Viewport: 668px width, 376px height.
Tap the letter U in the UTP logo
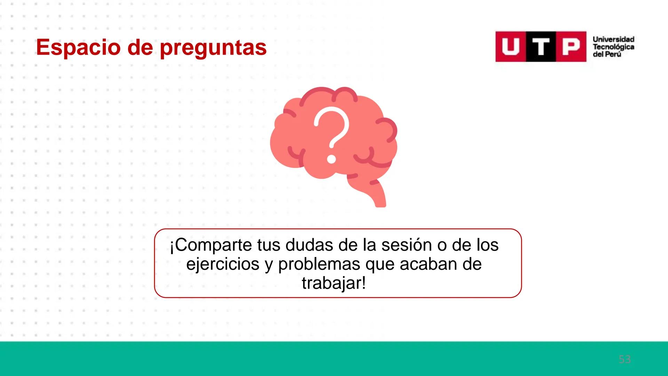point(510,47)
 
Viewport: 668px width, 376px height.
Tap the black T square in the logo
point(540,47)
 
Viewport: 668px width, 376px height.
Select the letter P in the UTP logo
point(571,47)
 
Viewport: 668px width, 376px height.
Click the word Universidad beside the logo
point(613,39)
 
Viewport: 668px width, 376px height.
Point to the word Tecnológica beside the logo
point(613,47)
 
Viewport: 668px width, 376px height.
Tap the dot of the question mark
point(332,159)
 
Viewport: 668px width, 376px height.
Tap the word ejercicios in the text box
point(223,264)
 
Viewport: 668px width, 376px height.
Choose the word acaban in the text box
point(428,264)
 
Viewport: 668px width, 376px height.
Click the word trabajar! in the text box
point(334,283)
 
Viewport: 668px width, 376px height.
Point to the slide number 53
point(625,359)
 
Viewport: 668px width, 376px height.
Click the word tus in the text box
point(269,245)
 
